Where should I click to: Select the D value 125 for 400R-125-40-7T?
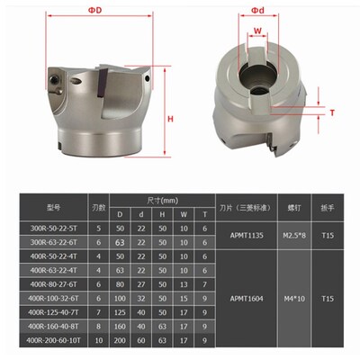118,311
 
